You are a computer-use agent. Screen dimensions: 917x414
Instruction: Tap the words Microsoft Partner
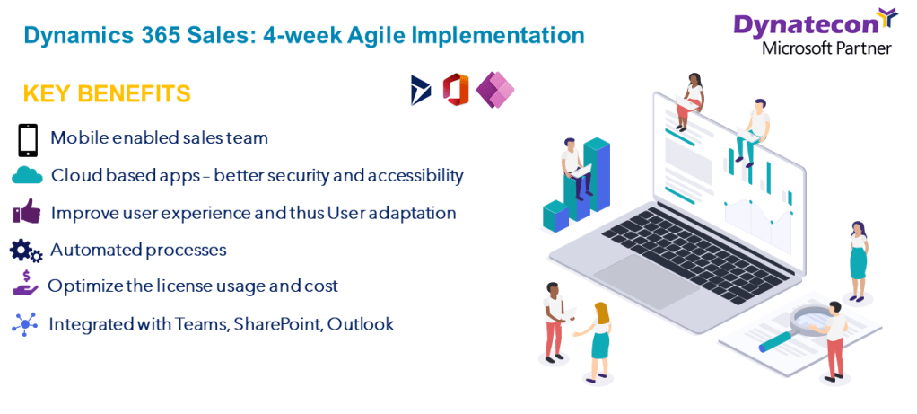pos(827,48)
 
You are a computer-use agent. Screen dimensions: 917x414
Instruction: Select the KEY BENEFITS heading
pos(107,93)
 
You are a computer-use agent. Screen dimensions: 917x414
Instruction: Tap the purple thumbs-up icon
pos(27,211)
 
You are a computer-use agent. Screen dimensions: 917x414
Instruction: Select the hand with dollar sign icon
pos(26,285)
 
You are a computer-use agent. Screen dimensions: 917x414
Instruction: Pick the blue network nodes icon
pos(24,324)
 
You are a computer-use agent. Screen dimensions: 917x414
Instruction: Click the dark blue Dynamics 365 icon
pos(421,90)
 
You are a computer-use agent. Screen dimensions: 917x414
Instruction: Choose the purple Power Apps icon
pos(494,90)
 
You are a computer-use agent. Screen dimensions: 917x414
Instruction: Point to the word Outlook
pos(361,323)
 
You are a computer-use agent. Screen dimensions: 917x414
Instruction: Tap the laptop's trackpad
pos(646,277)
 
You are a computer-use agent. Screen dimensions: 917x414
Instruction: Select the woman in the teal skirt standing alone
pos(858,260)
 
